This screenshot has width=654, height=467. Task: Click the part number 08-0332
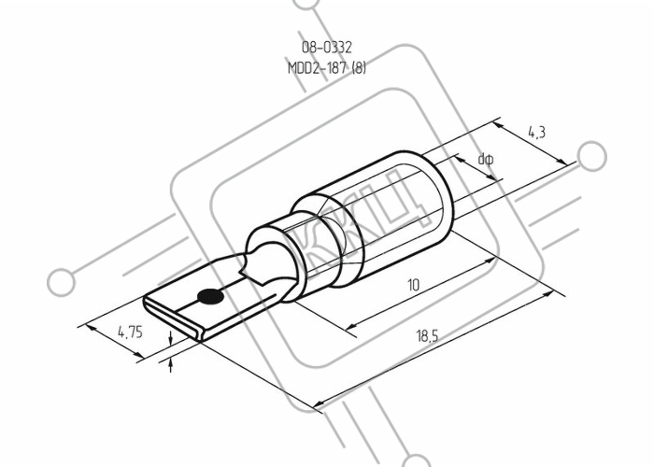[x=327, y=47]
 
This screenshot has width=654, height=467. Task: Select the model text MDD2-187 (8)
[x=327, y=67]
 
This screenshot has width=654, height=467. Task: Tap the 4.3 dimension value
[x=536, y=133]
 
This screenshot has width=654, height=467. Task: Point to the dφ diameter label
[x=486, y=159]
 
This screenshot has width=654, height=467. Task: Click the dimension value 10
[x=413, y=285]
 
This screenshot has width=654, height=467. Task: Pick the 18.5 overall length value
[x=428, y=335]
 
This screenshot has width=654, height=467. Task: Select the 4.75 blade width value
[x=130, y=333]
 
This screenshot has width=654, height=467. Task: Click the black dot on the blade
[x=210, y=296]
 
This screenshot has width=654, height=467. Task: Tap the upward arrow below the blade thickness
[x=170, y=366]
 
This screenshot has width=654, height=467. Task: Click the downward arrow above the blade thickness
[x=170, y=338]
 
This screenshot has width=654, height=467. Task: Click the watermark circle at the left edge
[x=62, y=282]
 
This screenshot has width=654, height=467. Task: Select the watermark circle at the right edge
[x=591, y=156]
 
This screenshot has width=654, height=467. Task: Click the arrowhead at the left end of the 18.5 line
[x=320, y=403]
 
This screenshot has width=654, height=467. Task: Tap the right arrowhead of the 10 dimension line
[x=490, y=261]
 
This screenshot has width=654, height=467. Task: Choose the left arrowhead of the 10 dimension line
[x=352, y=325]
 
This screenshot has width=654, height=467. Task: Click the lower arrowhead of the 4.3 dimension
[x=561, y=162]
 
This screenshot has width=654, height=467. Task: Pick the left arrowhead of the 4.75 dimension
[x=91, y=328]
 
